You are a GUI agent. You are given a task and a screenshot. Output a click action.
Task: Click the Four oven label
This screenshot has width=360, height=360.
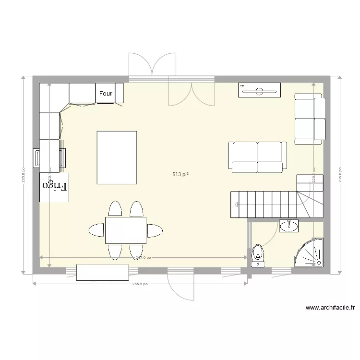pyautogui.click(x=106, y=94)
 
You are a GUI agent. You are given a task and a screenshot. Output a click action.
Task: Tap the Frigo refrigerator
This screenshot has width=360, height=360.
pyautogui.click(x=55, y=186)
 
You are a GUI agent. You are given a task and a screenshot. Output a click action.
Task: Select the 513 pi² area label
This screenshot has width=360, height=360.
pyautogui.click(x=180, y=175)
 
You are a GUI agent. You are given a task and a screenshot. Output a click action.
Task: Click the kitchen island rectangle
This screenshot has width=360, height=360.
pyautogui.click(x=117, y=157)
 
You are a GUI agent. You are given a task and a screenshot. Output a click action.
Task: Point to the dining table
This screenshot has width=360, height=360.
pyautogui.click(x=126, y=230)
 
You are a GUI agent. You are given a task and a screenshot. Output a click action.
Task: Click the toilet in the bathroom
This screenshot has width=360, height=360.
pyautogui.click(x=258, y=255)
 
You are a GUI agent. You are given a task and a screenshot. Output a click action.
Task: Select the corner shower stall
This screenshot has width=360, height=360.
pyautogui.click(x=310, y=253)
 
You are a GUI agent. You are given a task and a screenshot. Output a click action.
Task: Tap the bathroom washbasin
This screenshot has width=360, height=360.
pyautogui.click(x=288, y=226)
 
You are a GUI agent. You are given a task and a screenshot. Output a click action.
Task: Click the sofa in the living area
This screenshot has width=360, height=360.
pyautogui.click(x=257, y=157)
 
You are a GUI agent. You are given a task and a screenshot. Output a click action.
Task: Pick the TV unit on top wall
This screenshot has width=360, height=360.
pyautogui.click(x=259, y=90)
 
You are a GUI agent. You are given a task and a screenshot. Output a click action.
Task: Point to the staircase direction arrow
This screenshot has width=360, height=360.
pyautogui.click(x=237, y=204)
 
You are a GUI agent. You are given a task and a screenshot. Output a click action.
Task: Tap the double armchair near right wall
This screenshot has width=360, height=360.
pyautogui.click(x=309, y=118)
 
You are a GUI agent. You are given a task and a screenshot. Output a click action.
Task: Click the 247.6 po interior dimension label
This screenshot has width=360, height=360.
pyautogui.click(x=143, y=258)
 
